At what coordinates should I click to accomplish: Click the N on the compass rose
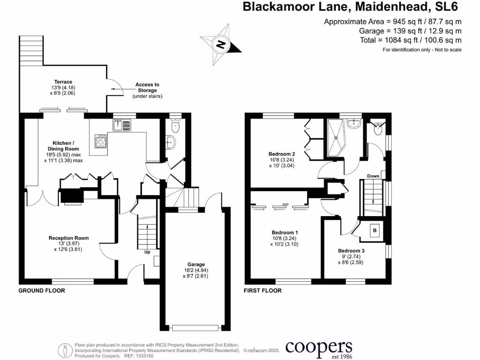coord(221,45)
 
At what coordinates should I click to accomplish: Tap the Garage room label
coord(196,264)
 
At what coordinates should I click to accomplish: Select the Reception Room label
coord(68,238)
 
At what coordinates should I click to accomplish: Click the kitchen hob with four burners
coord(101,141)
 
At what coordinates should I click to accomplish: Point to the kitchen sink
coord(122,125)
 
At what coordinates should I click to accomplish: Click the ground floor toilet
coord(175,126)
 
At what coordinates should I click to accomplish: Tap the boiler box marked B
coord(375,230)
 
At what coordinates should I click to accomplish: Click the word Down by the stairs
coord(373,176)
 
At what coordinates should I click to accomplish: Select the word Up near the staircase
coord(147,252)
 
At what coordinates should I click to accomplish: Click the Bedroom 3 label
coord(351,251)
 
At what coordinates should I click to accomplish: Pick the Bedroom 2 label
coord(282,154)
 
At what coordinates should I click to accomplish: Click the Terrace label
coord(63,82)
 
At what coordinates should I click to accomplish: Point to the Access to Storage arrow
coord(118,89)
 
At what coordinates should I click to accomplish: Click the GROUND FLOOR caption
coord(42,291)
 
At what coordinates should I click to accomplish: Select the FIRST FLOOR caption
coord(262,291)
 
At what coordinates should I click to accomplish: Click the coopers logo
coord(319,349)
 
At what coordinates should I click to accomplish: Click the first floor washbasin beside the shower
coord(354,123)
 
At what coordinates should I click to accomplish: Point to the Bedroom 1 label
coord(285,232)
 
